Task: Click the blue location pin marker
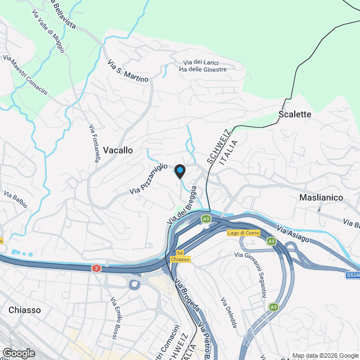coord(180,171)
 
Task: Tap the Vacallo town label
coord(118,150)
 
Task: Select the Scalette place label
coord(295,114)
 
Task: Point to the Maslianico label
coord(321,198)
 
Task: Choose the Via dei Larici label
coord(201,62)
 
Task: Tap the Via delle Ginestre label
coord(202,69)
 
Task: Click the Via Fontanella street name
coord(94,143)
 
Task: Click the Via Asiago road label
coord(292,234)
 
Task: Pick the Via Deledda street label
coord(229,312)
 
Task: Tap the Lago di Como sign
coord(243,233)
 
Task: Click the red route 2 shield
coord(97,269)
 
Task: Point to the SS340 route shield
coord(353,275)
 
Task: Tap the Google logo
coord(19,353)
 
